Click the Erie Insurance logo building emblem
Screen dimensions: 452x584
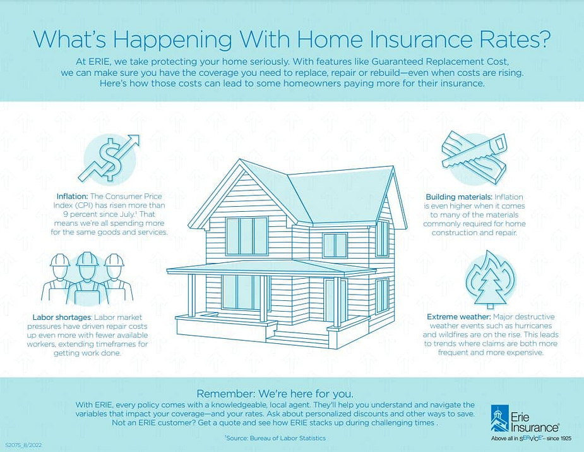(x=499, y=415)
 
